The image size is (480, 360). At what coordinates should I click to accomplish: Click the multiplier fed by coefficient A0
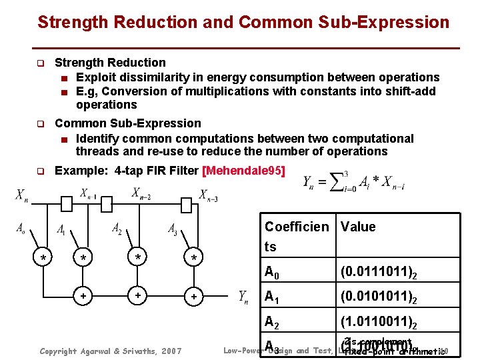43,257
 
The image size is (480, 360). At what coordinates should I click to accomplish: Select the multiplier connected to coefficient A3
194,257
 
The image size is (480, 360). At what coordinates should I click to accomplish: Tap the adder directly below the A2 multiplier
138,294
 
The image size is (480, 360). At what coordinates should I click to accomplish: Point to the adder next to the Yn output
194,295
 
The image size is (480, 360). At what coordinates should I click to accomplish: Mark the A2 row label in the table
272,323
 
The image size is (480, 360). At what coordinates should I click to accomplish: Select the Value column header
358,227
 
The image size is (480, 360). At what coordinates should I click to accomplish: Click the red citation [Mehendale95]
243,171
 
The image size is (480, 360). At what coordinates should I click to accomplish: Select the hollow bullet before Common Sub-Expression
39,124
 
